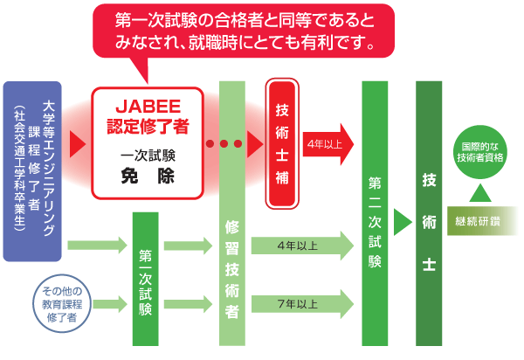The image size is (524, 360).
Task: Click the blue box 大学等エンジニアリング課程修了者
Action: pos(32,171)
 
